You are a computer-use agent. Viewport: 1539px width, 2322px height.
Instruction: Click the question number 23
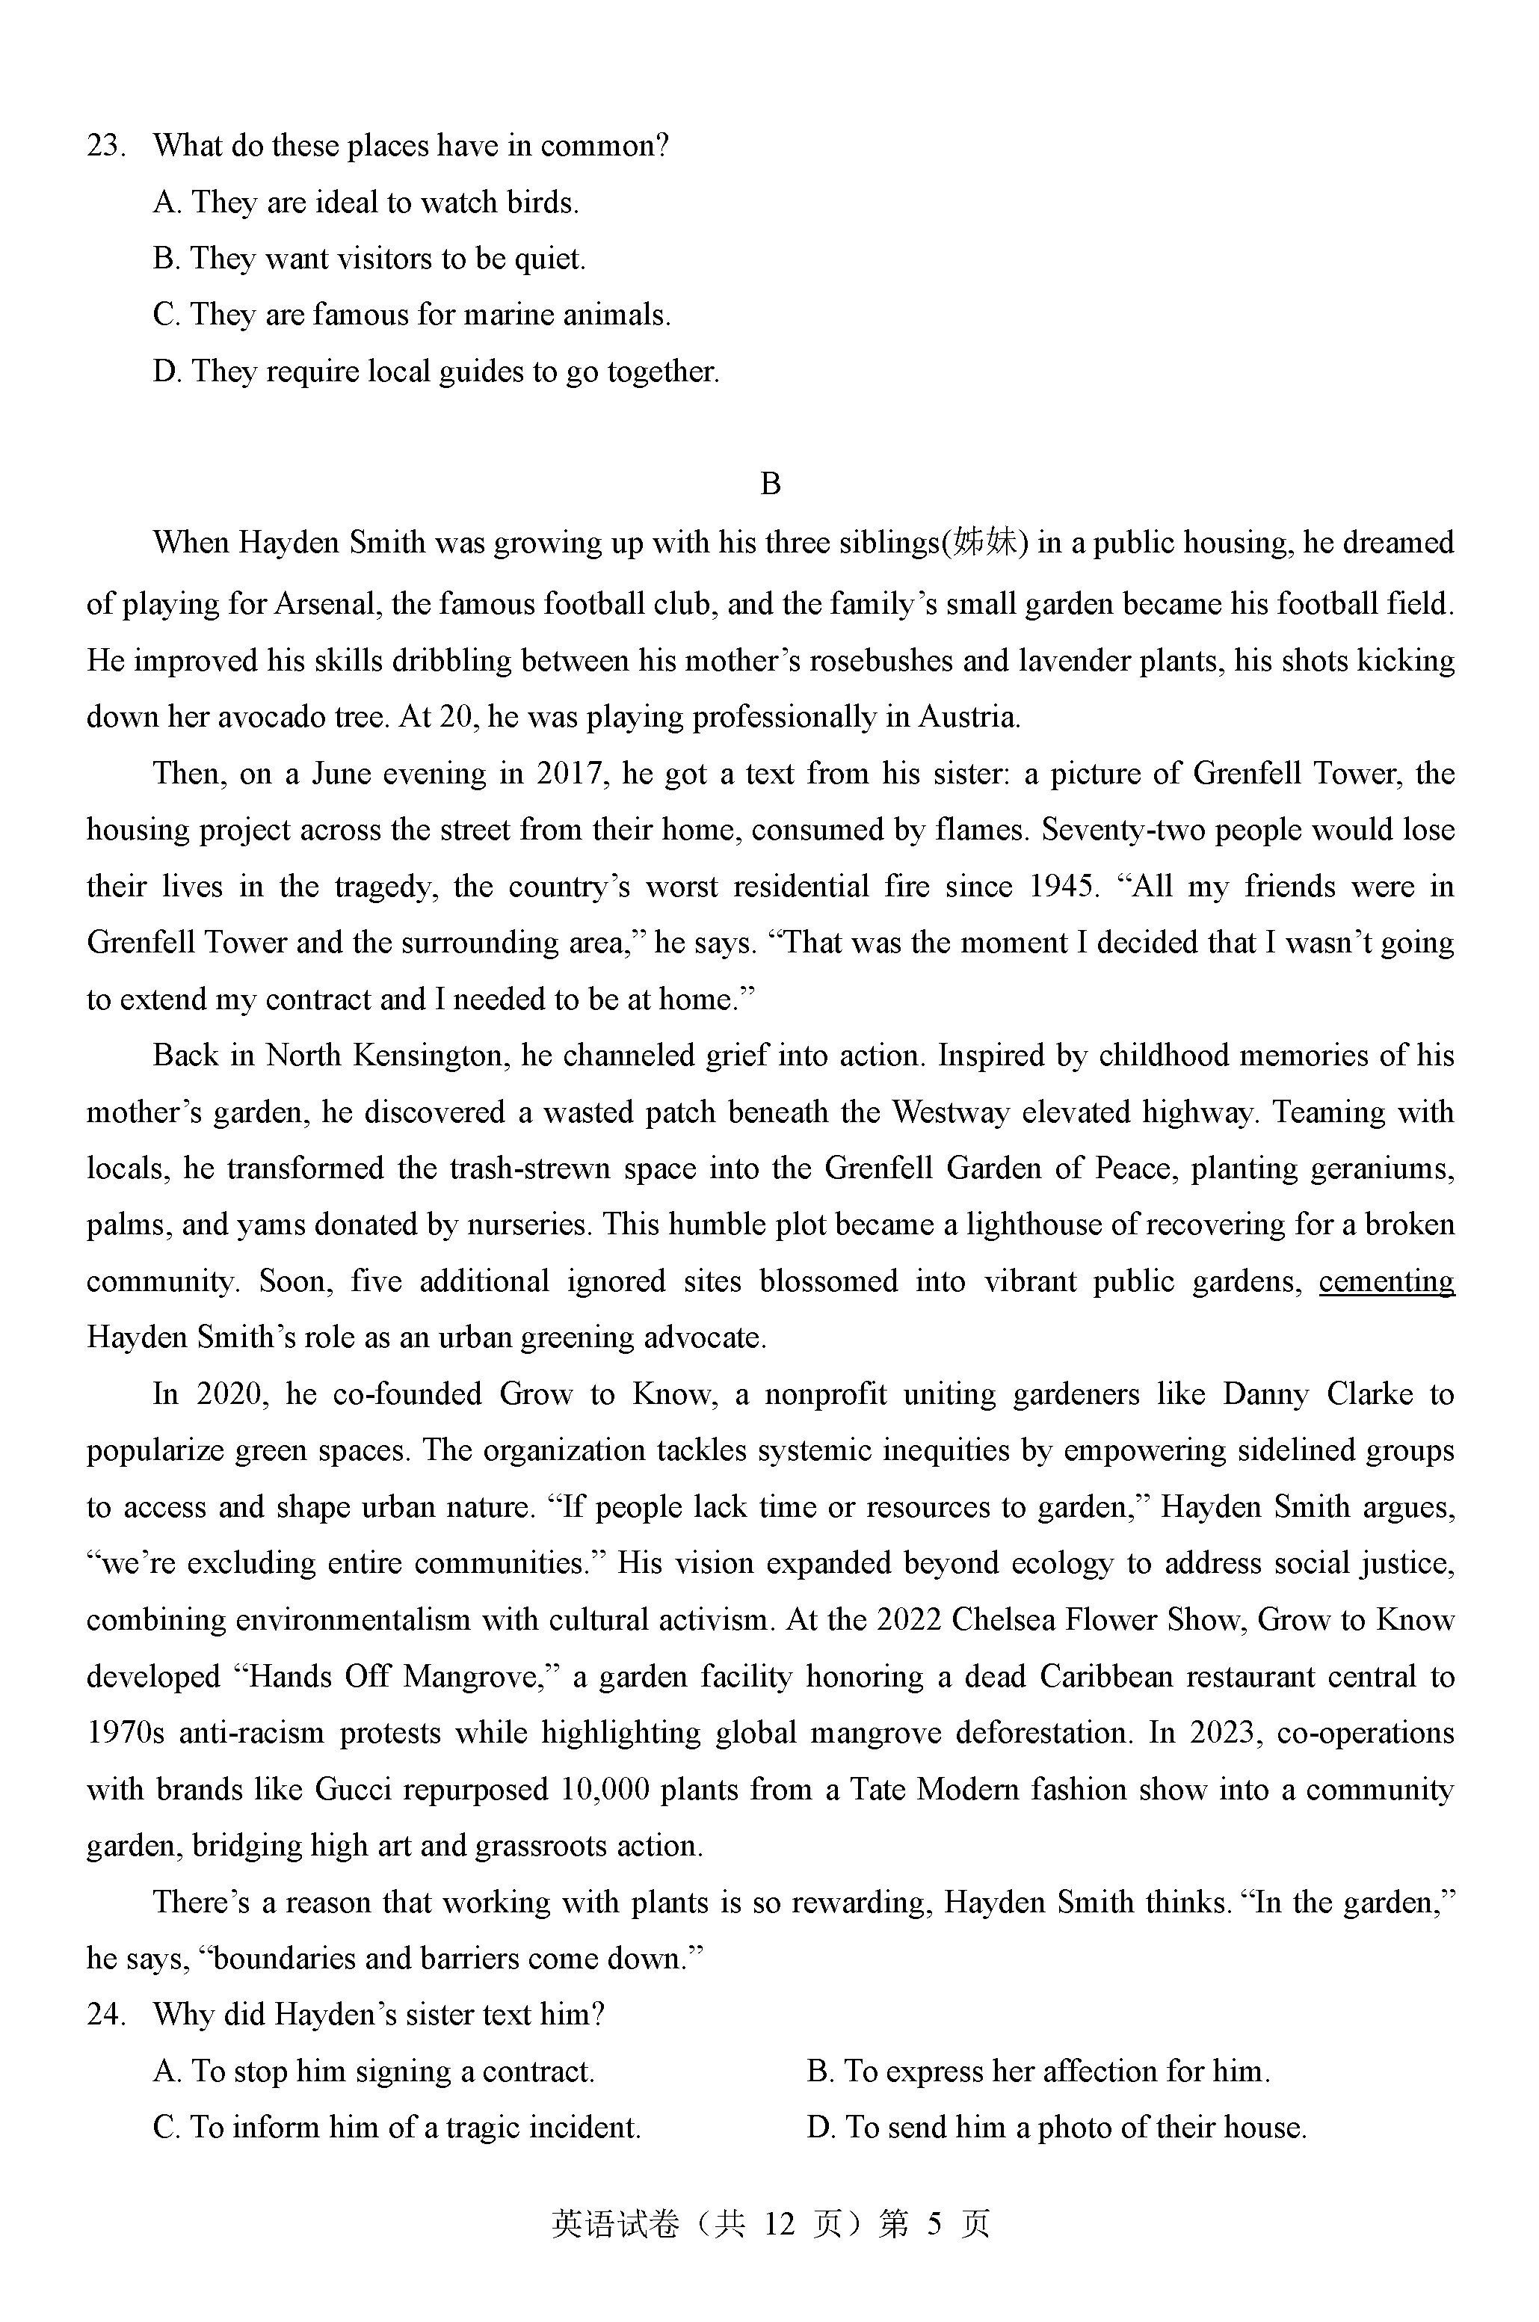(x=105, y=147)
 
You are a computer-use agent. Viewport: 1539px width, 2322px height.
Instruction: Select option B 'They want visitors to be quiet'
(x=369, y=259)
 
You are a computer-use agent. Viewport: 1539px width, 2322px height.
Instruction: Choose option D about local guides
(x=436, y=372)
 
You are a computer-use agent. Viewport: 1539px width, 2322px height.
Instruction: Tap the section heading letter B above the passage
(x=771, y=484)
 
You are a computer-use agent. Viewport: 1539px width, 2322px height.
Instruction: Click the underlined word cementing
(x=1386, y=1281)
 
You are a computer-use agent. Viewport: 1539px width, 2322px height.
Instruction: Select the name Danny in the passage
(x=1265, y=1394)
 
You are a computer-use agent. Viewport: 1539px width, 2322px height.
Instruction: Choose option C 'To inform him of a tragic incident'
(x=397, y=2128)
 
